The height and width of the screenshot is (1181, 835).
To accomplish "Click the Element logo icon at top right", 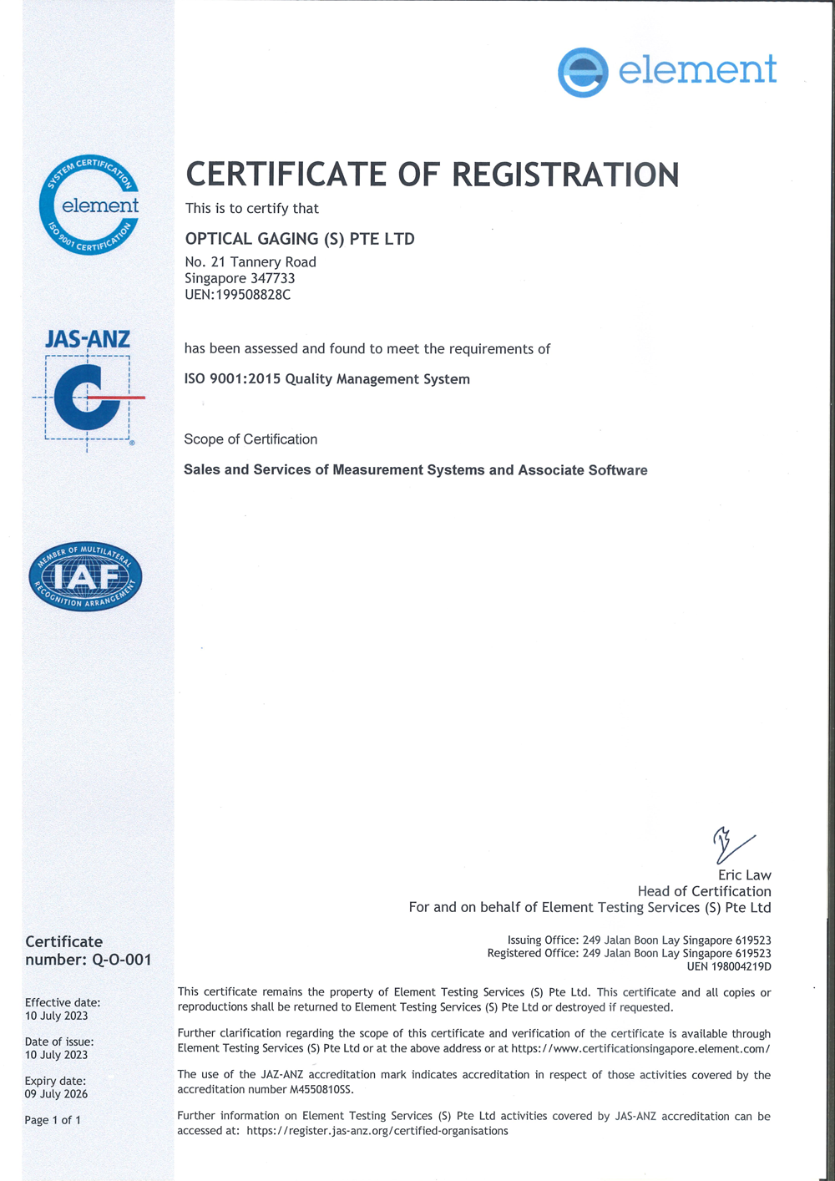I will click(583, 73).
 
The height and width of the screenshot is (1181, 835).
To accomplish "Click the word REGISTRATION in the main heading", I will click(565, 175).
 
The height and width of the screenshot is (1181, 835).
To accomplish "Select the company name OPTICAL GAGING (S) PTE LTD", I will click(300, 239).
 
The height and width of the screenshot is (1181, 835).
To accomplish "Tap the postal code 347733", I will click(272, 278).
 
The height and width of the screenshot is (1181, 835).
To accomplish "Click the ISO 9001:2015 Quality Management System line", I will click(326, 379).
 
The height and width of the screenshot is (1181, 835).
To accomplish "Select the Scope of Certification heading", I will click(250, 439).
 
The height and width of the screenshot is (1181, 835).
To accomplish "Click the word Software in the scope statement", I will click(617, 470).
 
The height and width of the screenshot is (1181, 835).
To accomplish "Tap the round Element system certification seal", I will click(89, 205).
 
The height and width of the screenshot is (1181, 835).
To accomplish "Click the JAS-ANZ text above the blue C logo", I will click(88, 339).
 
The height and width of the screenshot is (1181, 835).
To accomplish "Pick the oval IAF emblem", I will click(85, 576).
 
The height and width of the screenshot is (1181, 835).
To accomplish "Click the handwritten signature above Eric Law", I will click(731, 845).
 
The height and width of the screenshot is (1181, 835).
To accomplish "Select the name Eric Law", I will click(744, 875).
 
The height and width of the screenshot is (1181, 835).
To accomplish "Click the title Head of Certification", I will click(704, 891).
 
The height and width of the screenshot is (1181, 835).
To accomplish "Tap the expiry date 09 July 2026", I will click(56, 1094).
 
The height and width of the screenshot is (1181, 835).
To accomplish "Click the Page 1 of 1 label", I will click(53, 1120).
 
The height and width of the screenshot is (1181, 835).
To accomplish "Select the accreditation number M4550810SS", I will click(321, 1089).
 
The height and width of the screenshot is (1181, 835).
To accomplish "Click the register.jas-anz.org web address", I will click(377, 1131).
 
